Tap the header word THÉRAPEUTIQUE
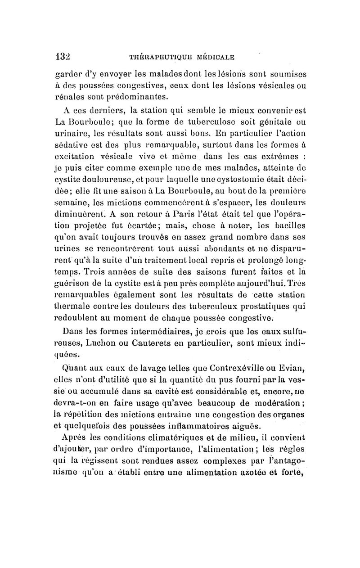tap(154, 57)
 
